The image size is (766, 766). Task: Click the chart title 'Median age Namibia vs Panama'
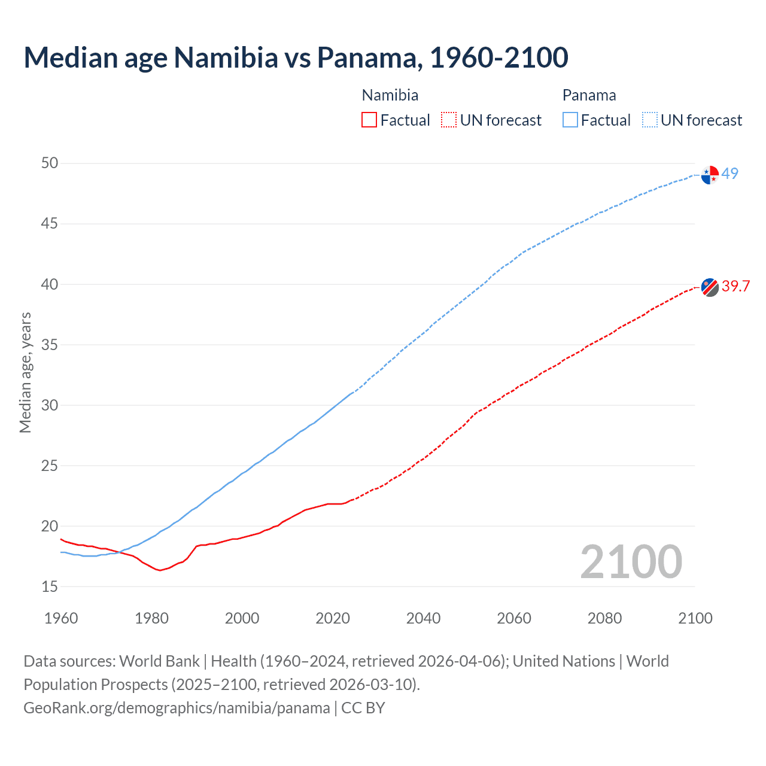[x=296, y=57]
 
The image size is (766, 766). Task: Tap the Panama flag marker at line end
[x=710, y=175]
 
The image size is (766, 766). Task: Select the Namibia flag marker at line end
[x=710, y=287]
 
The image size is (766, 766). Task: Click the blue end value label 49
[x=730, y=174]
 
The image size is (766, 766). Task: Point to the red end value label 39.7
[x=735, y=287]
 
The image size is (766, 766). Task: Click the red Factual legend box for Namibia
[x=369, y=120]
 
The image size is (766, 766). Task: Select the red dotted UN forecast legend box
[x=449, y=120]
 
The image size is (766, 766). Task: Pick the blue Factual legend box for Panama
[x=570, y=120]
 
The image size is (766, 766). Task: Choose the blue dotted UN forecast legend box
[x=650, y=120]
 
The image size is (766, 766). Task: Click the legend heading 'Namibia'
[x=390, y=95]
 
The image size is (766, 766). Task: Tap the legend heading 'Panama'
[x=589, y=95]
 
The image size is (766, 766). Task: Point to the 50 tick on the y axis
[x=50, y=163]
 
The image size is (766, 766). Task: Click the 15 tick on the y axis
[x=50, y=587]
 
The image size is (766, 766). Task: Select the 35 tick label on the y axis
[x=50, y=345]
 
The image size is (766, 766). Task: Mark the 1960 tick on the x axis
[x=61, y=618]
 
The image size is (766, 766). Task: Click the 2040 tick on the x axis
[x=423, y=618]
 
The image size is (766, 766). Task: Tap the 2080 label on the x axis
[x=604, y=618]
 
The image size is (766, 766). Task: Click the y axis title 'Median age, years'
[x=25, y=372]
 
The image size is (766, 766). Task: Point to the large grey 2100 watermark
[x=631, y=562]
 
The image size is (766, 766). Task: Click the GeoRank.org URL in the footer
[x=177, y=708]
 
